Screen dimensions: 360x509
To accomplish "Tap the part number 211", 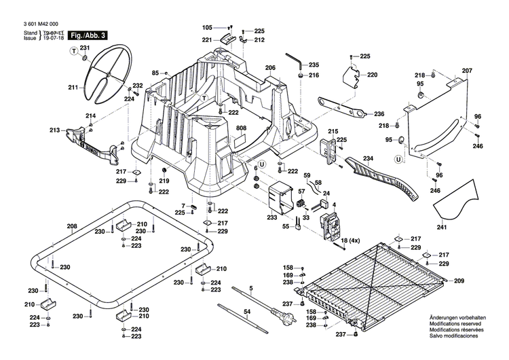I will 73,87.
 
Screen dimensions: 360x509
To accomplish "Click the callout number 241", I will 441,228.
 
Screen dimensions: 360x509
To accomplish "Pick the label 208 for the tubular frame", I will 72,226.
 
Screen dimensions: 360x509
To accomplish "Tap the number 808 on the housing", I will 242,128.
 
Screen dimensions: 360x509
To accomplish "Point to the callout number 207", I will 466,71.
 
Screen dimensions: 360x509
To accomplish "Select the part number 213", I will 54,130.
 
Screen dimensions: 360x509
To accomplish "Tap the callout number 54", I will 248,311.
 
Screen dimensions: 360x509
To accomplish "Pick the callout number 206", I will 270,68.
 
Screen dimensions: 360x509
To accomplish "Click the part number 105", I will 207,27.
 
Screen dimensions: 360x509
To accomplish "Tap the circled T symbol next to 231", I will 71,52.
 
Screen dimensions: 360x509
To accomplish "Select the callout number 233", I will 272,217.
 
